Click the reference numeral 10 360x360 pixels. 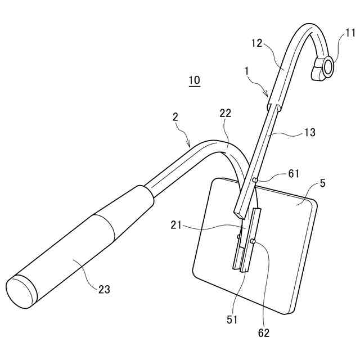tap(193, 80)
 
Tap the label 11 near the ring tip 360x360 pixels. tap(350, 34)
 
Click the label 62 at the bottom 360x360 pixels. tap(263, 333)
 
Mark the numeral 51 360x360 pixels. tap(233, 319)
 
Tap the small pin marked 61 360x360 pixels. tap(255, 180)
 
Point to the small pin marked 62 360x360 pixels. tap(252, 241)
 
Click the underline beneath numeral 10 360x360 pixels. tap(193, 85)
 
